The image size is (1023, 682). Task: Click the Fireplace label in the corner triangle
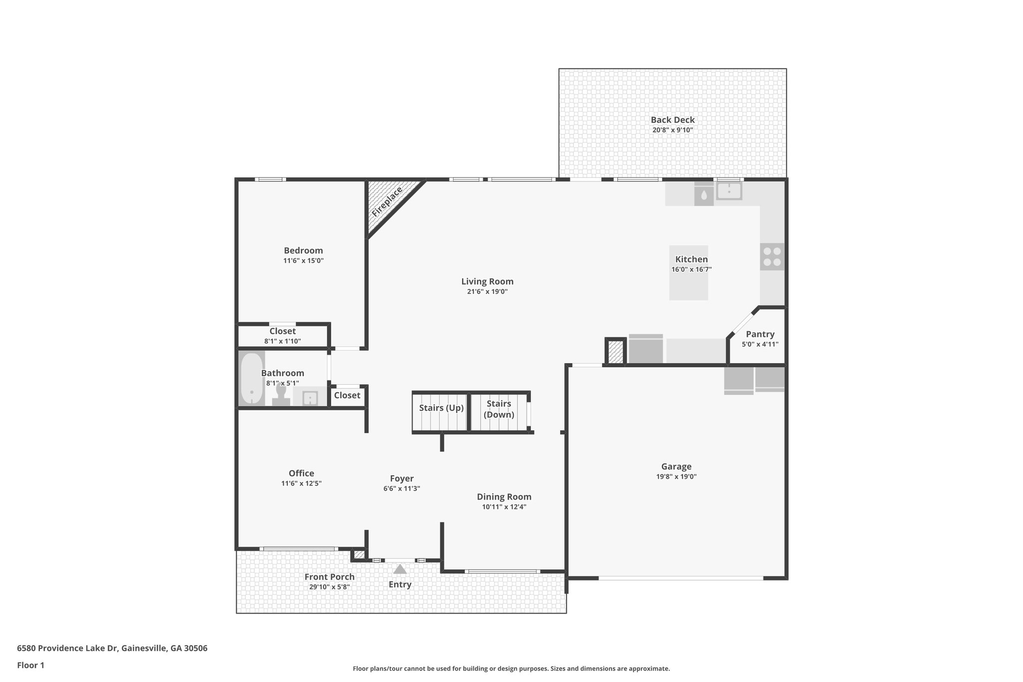coord(387,202)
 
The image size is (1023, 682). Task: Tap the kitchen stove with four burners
coord(772,257)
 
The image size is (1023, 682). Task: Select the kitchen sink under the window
coord(729,190)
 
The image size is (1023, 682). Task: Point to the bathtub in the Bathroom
coord(252,378)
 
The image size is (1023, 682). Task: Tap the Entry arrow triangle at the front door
coord(400,569)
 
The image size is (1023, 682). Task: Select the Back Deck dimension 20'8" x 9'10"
coord(672,130)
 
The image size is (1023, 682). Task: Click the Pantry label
coord(760,334)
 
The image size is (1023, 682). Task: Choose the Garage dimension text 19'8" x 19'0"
coord(676,477)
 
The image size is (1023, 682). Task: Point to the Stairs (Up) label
coord(441,408)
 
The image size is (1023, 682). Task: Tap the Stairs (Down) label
coord(499,409)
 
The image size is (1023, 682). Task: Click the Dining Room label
coord(504,497)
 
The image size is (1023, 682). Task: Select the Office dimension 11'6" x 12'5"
coord(301,484)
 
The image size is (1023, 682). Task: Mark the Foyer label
coord(402,479)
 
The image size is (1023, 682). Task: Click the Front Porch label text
coord(329,577)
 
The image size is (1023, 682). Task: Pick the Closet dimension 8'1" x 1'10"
coord(282,341)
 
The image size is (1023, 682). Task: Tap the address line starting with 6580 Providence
coord(112,649)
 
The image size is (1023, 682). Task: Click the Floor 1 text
coord(30,666)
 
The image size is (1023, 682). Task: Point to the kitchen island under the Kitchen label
coord(688,285)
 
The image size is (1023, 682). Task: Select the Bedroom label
coord(303,250)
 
